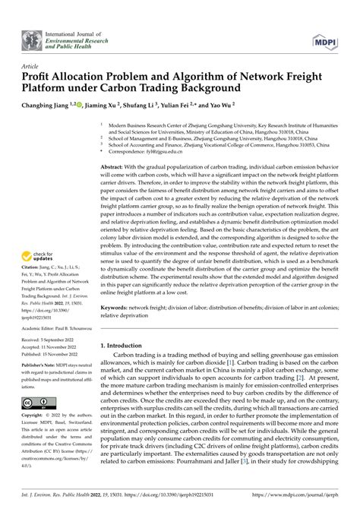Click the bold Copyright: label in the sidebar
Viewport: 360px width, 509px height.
point(33,417)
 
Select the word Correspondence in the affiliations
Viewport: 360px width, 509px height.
point(129,151)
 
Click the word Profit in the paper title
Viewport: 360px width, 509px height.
point(33,77)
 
